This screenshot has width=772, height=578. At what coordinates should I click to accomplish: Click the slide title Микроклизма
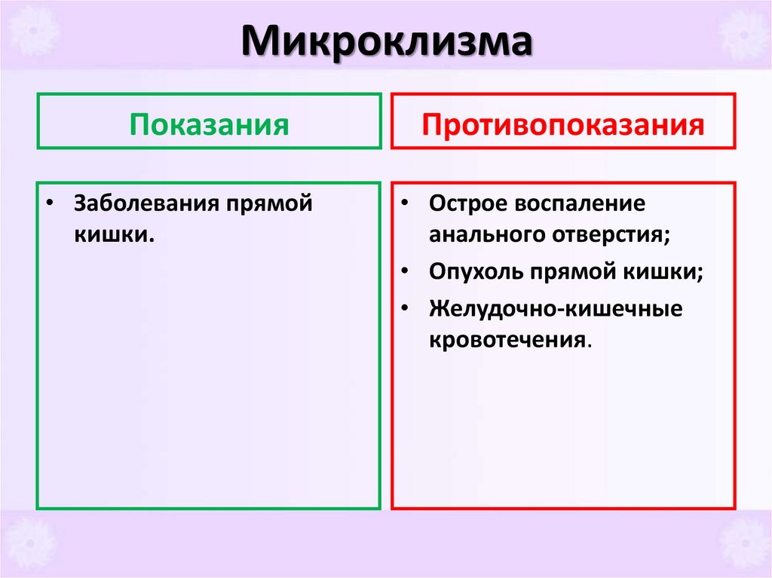(x=386, y=44)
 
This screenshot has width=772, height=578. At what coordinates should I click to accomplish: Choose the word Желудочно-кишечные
(x=556, y=308)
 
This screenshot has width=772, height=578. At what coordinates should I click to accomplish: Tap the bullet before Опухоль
(x=406, y=271)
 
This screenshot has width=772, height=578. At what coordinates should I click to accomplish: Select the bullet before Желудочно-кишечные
(x=406, y=308)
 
